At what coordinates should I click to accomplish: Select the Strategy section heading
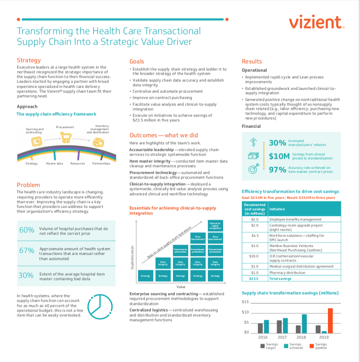coord(29,60)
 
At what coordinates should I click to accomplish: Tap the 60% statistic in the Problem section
coord(27,230)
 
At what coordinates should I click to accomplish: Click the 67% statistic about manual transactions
coord(27,251)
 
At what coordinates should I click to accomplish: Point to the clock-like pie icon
coord(100,306)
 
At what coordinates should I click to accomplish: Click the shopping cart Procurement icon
coord(65,136)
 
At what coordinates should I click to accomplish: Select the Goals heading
coord(137,61)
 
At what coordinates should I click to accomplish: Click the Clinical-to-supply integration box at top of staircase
coord(215,226)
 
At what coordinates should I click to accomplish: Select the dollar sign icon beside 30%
coord(254,143)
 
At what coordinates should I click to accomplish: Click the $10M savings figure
coord(279,156)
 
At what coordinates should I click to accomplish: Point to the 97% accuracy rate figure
coord(277,170)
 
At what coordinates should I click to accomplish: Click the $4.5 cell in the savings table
coord(255,236)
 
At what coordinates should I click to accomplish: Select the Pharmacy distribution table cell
coord(287,272)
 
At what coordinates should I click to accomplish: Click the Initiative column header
coord(277,209)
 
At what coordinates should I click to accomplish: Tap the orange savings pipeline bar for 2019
coord(330,320)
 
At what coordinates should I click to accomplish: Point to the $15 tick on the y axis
coord(245,302)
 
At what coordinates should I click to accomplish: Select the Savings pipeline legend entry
coord(320,346)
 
